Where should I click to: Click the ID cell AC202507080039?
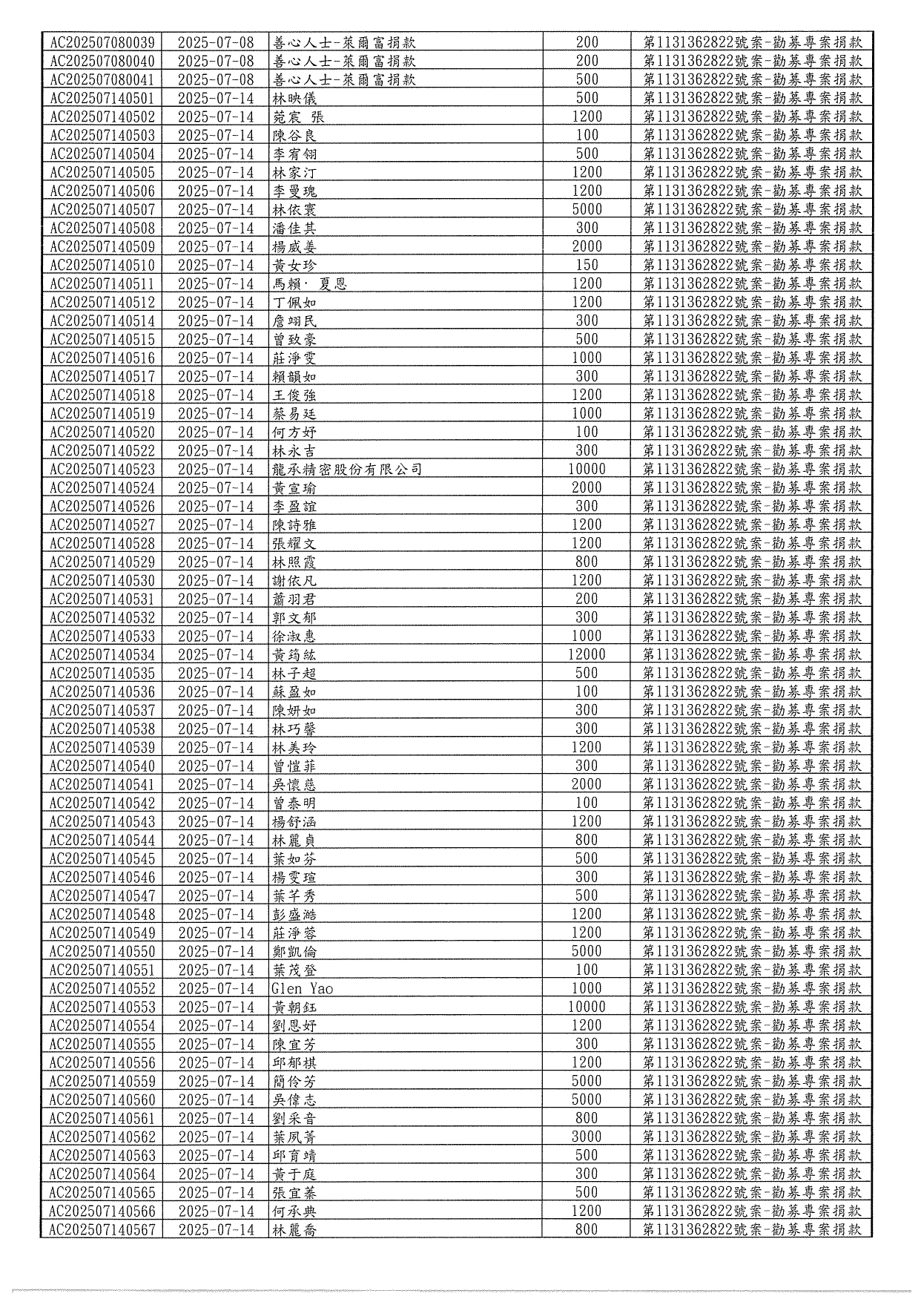pos(102,43)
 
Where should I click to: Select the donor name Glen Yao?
pos(302,989)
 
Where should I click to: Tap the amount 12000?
pos(587,655)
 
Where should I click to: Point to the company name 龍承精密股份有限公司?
pos(347,470)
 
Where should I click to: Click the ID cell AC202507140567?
pos(102,1230)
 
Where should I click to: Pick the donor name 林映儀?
pos(294,99)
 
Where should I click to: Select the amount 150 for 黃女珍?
pos(587,266)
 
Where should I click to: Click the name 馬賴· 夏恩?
pos(309,284)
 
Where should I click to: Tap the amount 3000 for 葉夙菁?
pos(587,1137)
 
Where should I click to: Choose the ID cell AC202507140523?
pos(102,470)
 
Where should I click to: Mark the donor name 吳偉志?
pos(294,1100)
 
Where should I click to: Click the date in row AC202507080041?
pos(216,80)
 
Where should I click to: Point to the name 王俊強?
pos(294,395)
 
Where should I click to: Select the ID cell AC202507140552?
pos(102,989)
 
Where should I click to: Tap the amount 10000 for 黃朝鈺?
pos(587,1007)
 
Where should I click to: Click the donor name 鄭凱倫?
pos(294,952)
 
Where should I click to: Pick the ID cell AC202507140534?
pos(102,655)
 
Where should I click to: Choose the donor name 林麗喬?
pos(294,1230)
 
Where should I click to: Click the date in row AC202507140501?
pos(216,99)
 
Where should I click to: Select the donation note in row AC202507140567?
pos(752,1230)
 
